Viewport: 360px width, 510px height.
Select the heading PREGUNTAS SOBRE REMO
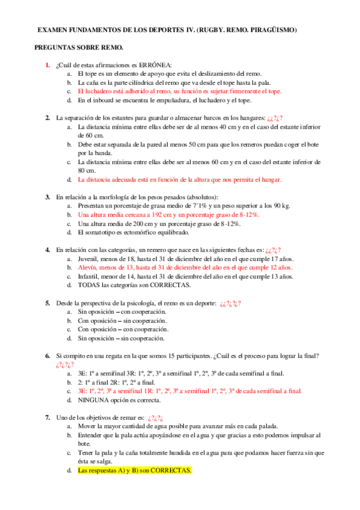pos(79,47)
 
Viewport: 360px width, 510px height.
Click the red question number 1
pos(47,65)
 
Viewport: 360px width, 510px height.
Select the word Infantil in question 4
pos(91,277)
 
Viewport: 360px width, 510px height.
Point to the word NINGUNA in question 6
pos(95,400)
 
